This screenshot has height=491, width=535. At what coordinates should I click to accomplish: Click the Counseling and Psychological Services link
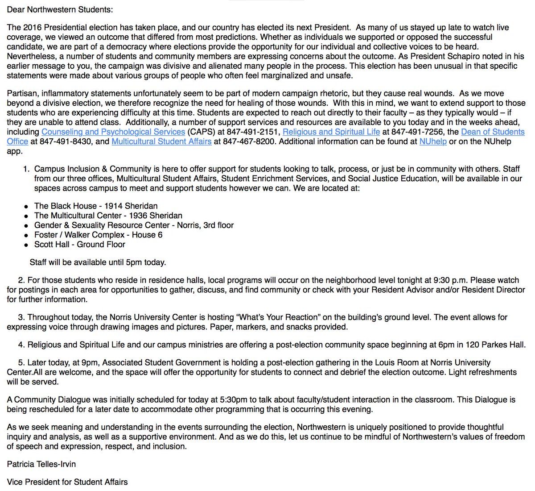click(x=113, y=132)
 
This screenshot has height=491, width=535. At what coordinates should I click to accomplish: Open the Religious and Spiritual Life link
click(x=331, y=132)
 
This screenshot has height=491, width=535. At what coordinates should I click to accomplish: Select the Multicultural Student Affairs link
click(x=161, y=141)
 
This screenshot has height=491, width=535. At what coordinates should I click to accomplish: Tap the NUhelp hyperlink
click(x=433, y=141)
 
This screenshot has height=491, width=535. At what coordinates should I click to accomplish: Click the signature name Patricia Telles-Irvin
click(x=41, y=464)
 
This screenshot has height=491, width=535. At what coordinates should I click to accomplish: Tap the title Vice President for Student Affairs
click(x=67, y=482)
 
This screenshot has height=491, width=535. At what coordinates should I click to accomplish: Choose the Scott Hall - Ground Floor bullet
click(x=79, y=244)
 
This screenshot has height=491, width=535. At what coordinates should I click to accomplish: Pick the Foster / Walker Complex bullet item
click(x=98, y=235)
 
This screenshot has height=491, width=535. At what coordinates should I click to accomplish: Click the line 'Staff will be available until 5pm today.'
click(x=98, y=262)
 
